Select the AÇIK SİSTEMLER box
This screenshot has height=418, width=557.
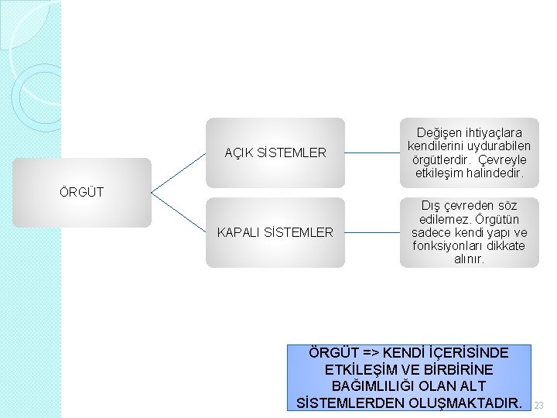(x=275, y=152)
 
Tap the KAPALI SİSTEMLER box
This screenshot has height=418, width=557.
(x=275, y=232)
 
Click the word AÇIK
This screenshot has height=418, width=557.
(x=238, y=152)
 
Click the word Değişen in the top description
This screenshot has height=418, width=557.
(x=439, y=133)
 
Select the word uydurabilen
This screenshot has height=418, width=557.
(x=501, y=146)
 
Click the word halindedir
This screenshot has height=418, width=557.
(x=496, y=174)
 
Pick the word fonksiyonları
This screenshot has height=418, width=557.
(x=448, y=246)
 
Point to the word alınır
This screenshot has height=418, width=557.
(x=469, y=259)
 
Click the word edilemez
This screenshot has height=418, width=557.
(x=444, y=219)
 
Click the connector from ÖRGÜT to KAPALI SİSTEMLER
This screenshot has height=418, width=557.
(x=179, y=212)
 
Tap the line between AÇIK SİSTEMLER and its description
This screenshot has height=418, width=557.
(x=372, y=152)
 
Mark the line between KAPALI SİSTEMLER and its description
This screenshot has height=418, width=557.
(x=372, y=232)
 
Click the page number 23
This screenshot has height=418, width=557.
(x=540, y=405)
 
